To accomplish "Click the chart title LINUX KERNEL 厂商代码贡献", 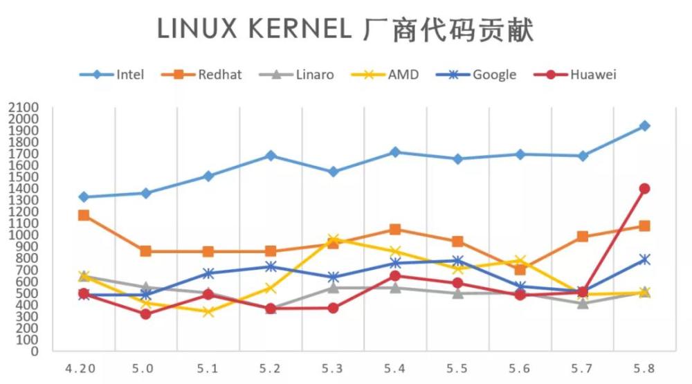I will pos(345,30).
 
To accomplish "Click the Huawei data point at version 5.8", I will pos(644,188).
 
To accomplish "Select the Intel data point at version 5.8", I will pos(644,126).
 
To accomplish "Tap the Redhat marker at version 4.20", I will pos(84,215).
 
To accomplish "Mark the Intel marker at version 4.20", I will pos(84,197).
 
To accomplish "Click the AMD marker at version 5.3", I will pos(333,239).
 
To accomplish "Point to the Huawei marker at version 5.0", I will pos(145,313).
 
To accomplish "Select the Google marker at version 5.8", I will pos(644,259).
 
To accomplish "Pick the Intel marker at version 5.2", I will pos(271,156).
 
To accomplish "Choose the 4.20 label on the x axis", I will pos(82,369).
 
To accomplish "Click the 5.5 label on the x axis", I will pos(457,369).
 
